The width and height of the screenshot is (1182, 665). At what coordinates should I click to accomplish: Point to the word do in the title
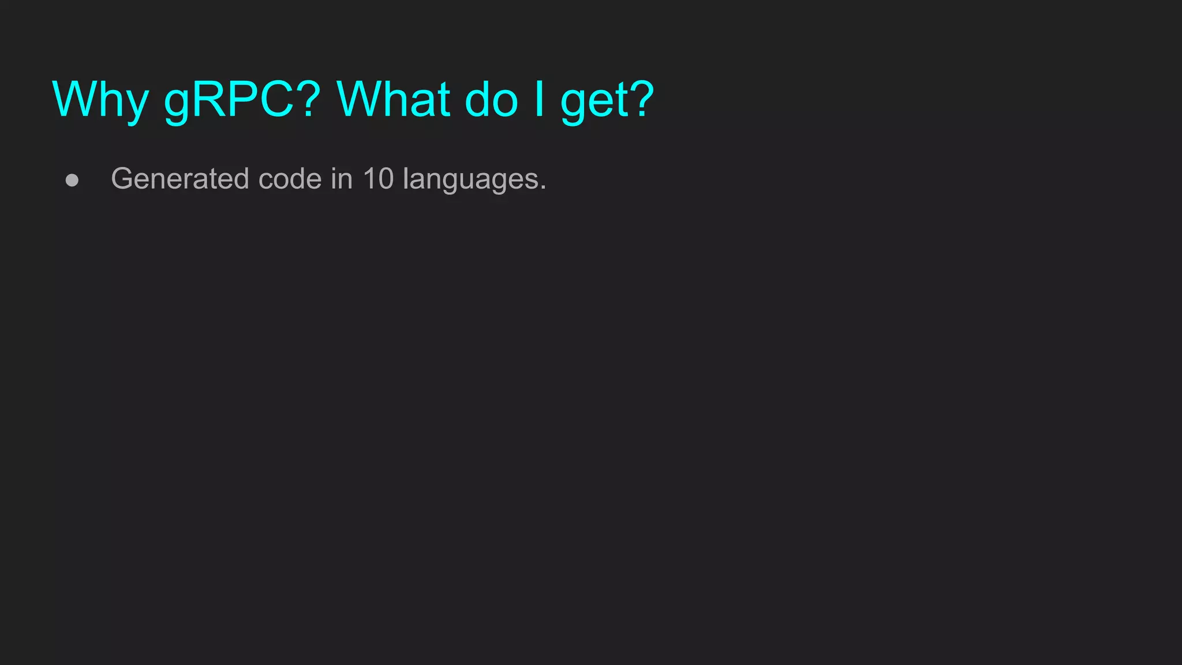[491, 99]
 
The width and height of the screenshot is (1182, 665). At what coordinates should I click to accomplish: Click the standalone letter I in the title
[539, 99]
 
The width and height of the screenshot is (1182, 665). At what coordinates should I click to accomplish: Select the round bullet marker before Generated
[72, 180]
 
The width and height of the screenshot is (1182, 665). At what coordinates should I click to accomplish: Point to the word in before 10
[342, 179]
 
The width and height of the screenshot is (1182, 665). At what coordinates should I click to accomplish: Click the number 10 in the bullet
[378, 179]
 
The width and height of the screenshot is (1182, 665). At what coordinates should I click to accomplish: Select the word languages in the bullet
[470, 180]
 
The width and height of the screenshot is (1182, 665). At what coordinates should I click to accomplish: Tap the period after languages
[543, 187]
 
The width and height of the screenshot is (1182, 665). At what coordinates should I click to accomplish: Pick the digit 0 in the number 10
[386, 179]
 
